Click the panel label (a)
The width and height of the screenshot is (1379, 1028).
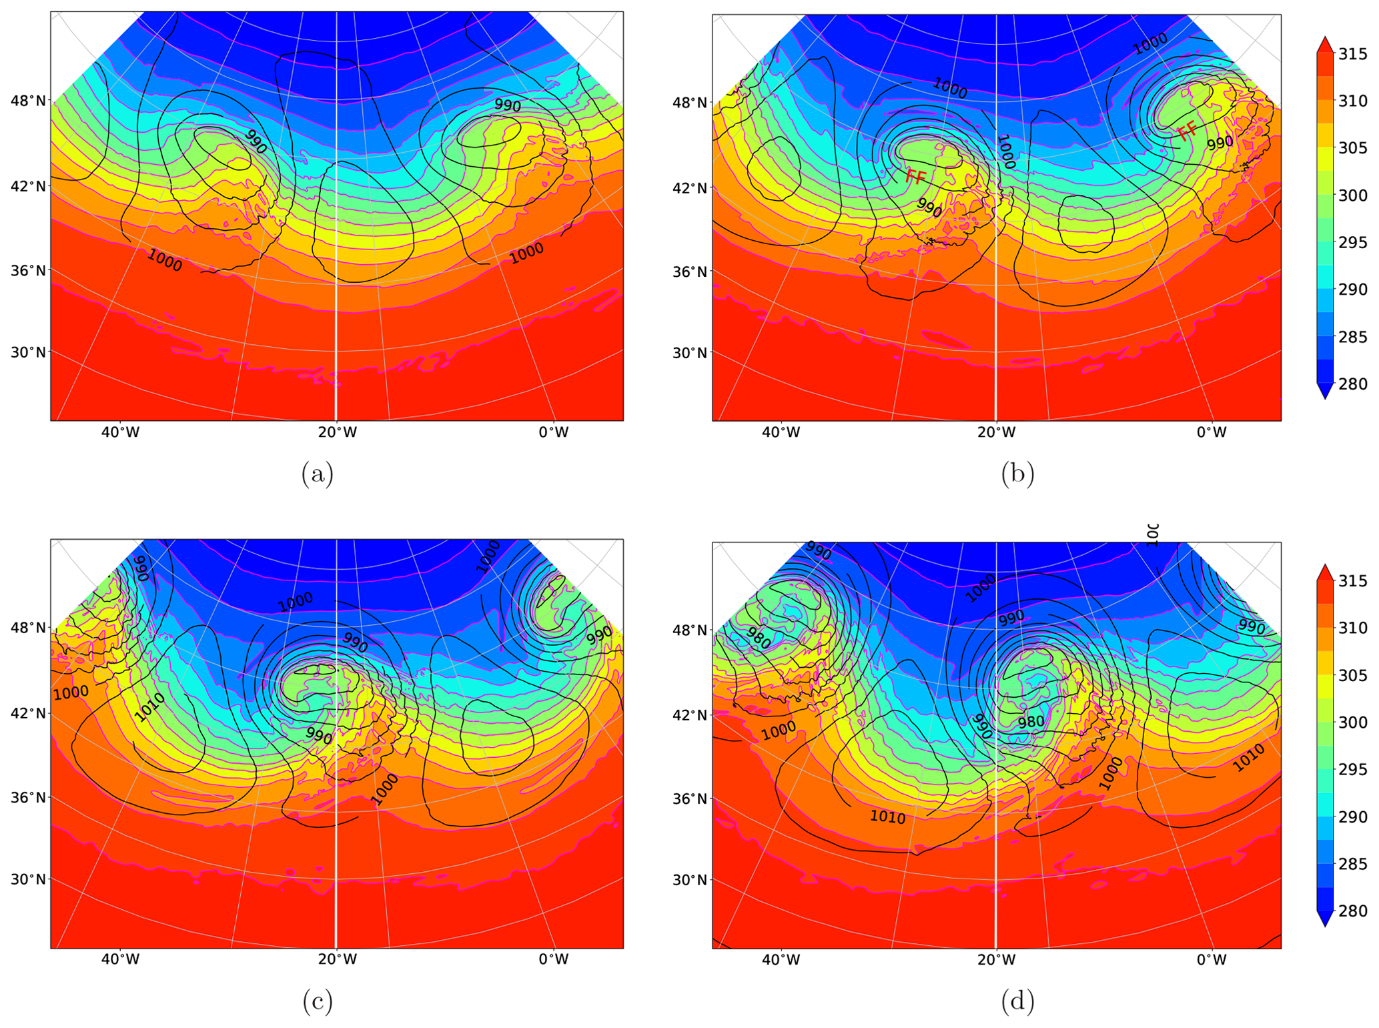point(317,474)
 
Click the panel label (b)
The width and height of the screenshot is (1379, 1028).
point(1017,474)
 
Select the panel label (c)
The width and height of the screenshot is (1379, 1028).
point(317,1001)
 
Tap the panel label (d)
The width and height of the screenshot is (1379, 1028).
point(1017,1001)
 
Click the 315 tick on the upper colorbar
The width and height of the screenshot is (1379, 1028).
point(1352,54)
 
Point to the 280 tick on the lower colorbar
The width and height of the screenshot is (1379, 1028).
point(1352,911)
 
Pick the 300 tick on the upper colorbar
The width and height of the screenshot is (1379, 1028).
point(1352,195)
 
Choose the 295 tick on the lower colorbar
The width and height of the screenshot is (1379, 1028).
point(1352,769)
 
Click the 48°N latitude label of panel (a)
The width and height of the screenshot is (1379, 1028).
point(27,101)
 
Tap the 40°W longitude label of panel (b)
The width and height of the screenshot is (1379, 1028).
point(781,432)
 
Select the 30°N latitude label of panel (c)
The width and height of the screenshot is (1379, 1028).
point(27,879)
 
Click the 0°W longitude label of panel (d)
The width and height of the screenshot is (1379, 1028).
point(1212,960)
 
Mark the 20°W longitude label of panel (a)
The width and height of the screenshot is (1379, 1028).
point(336,432)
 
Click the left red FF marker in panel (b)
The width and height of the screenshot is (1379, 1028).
point(915,177)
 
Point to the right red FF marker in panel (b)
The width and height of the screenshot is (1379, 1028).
point(1187,131)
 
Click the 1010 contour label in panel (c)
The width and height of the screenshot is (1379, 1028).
point(149,707)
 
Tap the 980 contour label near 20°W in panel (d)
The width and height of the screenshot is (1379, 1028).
point(1031,722)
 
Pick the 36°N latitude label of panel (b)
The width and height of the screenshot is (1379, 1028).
point(689,272)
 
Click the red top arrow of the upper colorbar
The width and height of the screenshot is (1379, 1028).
point(1325,44)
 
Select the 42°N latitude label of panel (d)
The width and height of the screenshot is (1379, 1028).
point(689,714)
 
